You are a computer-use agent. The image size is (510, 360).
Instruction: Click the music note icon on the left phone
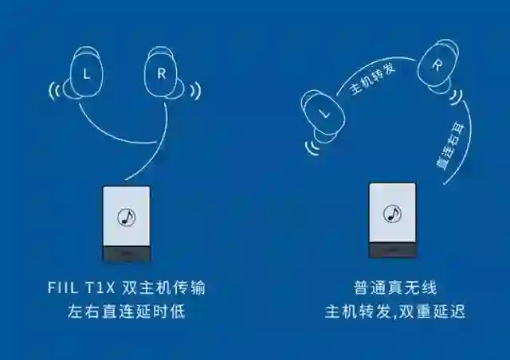(x=126, y=215)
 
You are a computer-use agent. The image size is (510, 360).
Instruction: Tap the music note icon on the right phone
(x=392, y=213)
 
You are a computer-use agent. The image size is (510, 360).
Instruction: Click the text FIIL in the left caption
(x=76, y=286)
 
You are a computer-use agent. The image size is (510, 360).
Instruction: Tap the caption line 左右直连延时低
(x=126, y=311)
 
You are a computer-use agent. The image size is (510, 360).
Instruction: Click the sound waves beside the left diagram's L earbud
(x=55, y=90)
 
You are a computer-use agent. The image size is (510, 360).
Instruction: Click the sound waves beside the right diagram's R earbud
(x=459, y=97)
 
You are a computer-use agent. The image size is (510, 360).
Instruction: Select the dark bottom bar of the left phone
(x=126, y=254)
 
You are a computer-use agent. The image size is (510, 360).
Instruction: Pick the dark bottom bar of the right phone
(x=392, y=251)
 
